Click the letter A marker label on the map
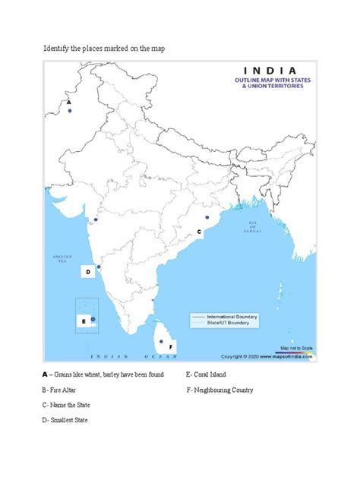point(68,101)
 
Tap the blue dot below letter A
point(71,110)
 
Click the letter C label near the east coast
point(199,230)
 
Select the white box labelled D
point(87,271)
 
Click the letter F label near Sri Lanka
point(172,347)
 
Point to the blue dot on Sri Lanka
point(161,341)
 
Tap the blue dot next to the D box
point(99,267)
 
